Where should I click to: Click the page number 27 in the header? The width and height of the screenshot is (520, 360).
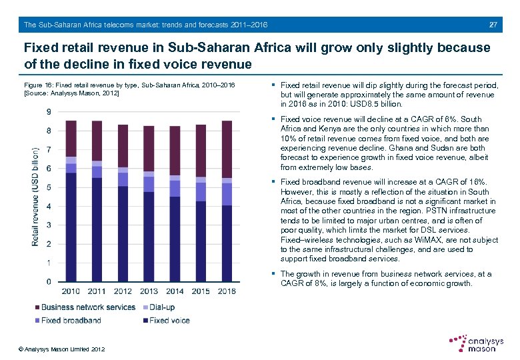tap(493, 25)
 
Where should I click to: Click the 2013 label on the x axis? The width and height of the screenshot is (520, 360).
tap(149, 291)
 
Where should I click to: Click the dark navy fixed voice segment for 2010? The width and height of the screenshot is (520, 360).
tap(71, 227)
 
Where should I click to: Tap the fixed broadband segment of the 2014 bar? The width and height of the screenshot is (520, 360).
tap(175, 189)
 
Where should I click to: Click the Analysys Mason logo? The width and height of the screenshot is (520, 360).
tap(475, 344)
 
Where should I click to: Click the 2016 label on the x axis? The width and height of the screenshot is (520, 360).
tap(227, 291)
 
